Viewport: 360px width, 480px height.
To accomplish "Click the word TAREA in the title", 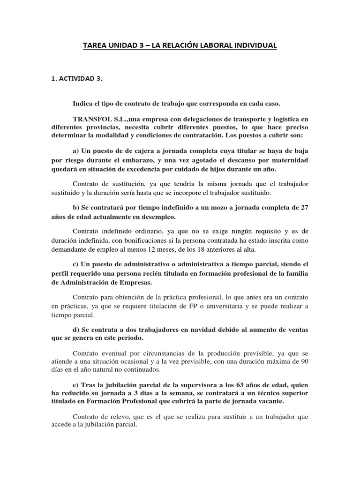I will coord(95,45).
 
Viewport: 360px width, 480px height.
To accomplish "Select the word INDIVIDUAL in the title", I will coord(255,45).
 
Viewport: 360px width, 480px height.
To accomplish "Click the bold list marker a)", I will coord(76,151).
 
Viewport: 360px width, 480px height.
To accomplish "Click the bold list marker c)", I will coord(76,264).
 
